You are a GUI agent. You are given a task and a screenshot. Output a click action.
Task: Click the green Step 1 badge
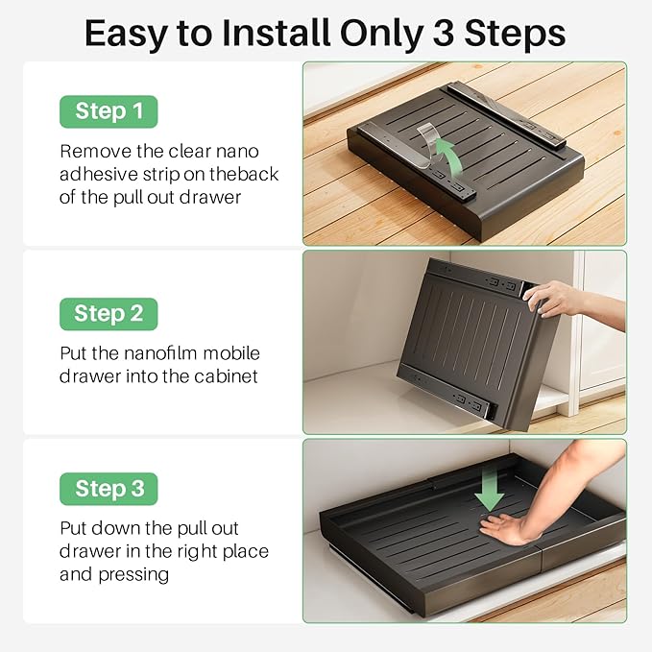tap(109, 111)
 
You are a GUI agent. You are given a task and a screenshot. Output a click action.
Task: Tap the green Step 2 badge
tap(109, 313)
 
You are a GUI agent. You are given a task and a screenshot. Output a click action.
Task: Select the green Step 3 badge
tap(109, 488)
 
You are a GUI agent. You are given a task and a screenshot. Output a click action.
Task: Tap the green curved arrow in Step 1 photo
tap(447, 153)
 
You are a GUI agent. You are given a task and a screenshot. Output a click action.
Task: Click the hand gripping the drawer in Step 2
tap(557, 297)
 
